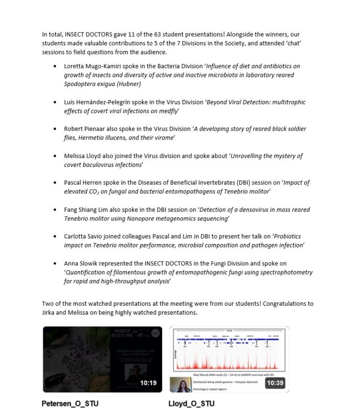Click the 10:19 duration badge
(x=148, y=383)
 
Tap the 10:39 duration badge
(x=275, y=383)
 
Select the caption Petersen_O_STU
(x=70, y=404)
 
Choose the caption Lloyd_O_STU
(x=192, y=404)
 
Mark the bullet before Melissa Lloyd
(x=55, y=156)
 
